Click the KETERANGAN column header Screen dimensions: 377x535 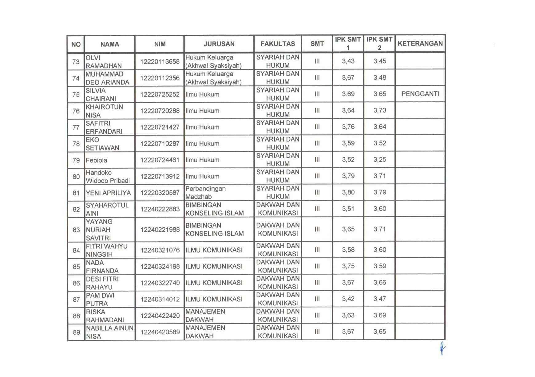420,43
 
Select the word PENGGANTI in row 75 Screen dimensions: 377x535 420,94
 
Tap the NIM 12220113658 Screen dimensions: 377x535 160,61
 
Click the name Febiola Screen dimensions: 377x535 96,160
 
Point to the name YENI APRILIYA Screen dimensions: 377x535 108,193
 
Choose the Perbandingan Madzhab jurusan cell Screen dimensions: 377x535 205,193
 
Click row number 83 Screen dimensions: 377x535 76,230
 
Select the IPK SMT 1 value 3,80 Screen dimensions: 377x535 348,192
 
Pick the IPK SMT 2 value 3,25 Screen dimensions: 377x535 379,159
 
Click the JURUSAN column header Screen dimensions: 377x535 219,44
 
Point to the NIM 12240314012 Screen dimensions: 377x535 160,299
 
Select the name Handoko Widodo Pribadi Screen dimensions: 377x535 108,177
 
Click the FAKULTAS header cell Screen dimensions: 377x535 278,44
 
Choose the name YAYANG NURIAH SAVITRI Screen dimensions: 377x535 99,230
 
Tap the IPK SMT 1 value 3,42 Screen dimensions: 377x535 348,299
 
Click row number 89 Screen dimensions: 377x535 76,332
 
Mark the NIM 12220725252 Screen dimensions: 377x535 160,94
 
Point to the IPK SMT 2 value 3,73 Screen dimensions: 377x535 379,110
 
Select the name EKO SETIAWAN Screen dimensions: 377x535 102,144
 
